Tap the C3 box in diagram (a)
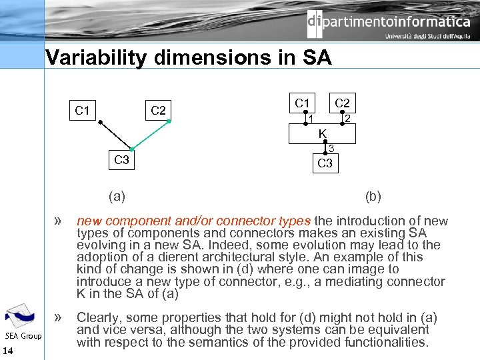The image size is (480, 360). [x=121, y=160]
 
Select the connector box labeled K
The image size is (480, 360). [x=322, y=134]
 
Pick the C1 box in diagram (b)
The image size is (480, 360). [x=302, y=103]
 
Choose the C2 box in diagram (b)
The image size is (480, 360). [x=342, y=103]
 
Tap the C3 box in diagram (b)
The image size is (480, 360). [x=325, y=163]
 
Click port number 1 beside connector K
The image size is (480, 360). [x=311, y=119]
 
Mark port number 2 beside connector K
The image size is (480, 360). [x=347, y=119]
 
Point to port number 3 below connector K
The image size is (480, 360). [x=331, y=148]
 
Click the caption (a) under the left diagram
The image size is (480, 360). [x=117, y=196]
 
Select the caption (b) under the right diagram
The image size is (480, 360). [x=373, y=196]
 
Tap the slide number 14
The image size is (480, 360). [x=8, y=351]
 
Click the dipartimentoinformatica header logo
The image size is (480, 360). [x=388, y=24]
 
